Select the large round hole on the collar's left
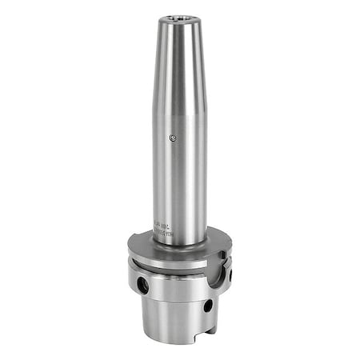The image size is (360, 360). pyautogui.click(x=142, y=283)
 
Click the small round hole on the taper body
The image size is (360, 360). pyautogui.click(x=207, y=305)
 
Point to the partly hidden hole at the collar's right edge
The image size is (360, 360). pyautogui.click(x=231, y=275)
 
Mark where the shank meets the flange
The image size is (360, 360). pyautogui.click(x=179, y=243)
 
